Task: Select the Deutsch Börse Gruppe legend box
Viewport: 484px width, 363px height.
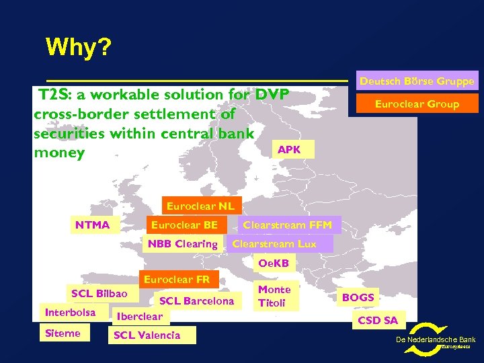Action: (417, 81)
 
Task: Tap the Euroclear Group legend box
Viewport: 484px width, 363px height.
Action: (417, 104)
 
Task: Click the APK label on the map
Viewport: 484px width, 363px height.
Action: (289, 149)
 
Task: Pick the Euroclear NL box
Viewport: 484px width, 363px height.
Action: (200, 206)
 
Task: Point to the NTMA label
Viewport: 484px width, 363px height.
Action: (92, 225)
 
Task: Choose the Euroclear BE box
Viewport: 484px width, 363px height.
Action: (184, 225)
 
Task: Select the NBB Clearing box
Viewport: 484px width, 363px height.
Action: (182, 244)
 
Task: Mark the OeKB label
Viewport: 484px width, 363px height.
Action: (274, 263)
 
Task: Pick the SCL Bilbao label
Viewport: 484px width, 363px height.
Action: (99, 294)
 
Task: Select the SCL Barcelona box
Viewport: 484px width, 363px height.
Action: (196, 300)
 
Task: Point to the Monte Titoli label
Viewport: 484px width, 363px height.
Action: (274, 296)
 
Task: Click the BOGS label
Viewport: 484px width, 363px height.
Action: (358, 296)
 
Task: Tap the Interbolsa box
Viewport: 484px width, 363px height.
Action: (70, 313)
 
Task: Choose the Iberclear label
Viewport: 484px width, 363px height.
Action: (139, 316)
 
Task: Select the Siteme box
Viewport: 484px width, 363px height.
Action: (63, 333)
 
